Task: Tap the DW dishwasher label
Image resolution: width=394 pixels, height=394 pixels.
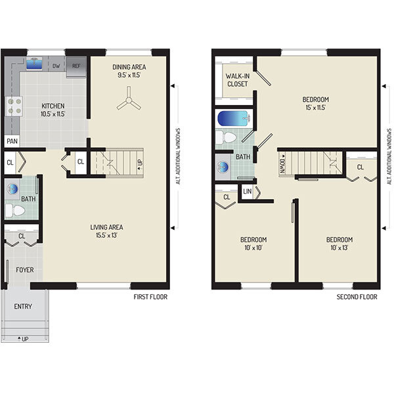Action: click(56, 66)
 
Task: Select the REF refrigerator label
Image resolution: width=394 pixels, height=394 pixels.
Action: click(76, 66)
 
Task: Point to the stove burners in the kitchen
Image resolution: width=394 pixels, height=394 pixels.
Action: click(13, 106)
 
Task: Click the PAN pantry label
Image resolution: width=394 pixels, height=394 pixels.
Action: click(11, 141)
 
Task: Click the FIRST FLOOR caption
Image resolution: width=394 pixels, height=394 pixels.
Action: click(150, 297)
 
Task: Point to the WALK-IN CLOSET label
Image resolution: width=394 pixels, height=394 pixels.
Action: click(237, 79)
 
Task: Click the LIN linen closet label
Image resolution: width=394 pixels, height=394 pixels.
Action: click(247, 191)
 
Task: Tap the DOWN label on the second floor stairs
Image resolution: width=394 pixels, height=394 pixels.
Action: click(282, 162)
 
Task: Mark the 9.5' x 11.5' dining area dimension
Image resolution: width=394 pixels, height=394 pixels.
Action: click(129, 76)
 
